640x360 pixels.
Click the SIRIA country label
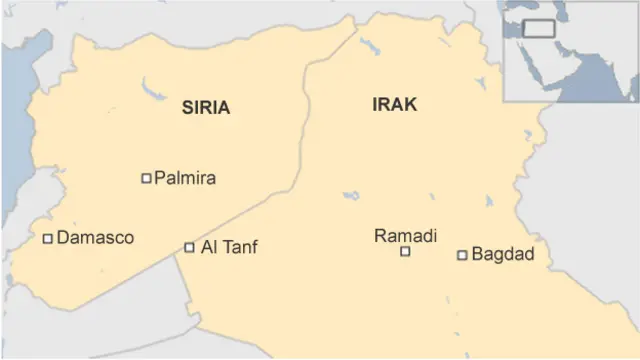[x=206, y=109]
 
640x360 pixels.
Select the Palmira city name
[x=185, y=179]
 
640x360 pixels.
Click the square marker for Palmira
[x=146, y=179]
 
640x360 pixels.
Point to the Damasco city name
[x=95, y=238]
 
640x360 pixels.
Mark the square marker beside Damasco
[x=47, y=238]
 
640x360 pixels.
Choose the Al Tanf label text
[x=229, y=247]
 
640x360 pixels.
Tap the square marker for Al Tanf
[x=190, y=247]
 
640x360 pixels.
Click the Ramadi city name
[x=406, y=236]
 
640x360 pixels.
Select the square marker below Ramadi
[x=405, y=252]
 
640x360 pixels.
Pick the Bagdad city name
[x=502, y=255]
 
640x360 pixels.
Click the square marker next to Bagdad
[x=462, y=255]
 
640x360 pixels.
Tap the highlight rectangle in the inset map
[x=540, y=28]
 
